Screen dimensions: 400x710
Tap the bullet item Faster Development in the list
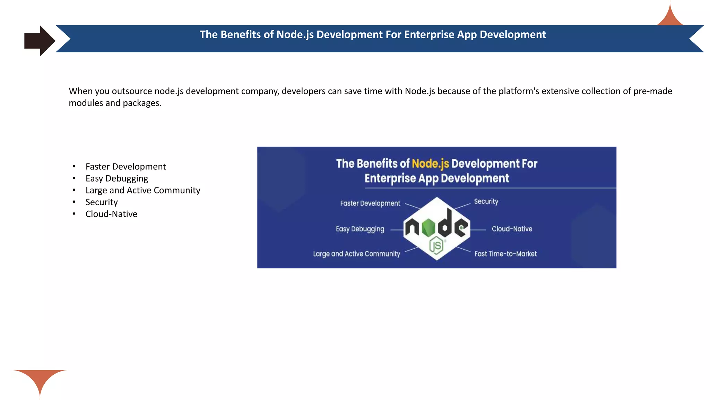(125, 167)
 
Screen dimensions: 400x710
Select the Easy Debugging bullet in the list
(117, 178)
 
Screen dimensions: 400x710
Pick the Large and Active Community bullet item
(143, 190)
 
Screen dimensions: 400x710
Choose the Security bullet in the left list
(102, 202)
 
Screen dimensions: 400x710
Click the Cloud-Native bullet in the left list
(111, 214)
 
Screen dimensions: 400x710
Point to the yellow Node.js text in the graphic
(430, 164)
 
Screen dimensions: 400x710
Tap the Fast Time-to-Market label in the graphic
(505, 254)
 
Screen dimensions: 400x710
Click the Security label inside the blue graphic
(486, 201)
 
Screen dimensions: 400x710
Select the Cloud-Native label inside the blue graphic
(512, 229)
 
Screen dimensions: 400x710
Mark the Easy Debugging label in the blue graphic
(360, 229)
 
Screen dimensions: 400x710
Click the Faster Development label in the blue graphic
(370, 203)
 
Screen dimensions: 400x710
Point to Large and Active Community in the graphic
(356, 254)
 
